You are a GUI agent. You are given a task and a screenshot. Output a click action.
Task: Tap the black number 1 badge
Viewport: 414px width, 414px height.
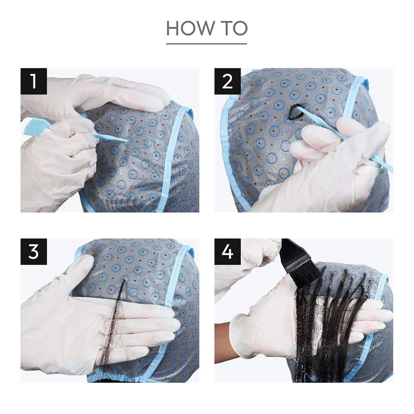click(34, 82)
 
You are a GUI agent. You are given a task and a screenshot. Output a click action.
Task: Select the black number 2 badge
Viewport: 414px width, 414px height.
click(227, 82)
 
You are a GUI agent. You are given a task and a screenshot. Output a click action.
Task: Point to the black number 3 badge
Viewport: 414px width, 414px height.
click(34, 252)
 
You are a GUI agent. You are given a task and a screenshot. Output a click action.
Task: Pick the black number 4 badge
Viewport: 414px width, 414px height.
click(227, 252)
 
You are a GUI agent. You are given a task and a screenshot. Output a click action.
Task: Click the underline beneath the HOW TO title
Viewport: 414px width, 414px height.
click(206, 44)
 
